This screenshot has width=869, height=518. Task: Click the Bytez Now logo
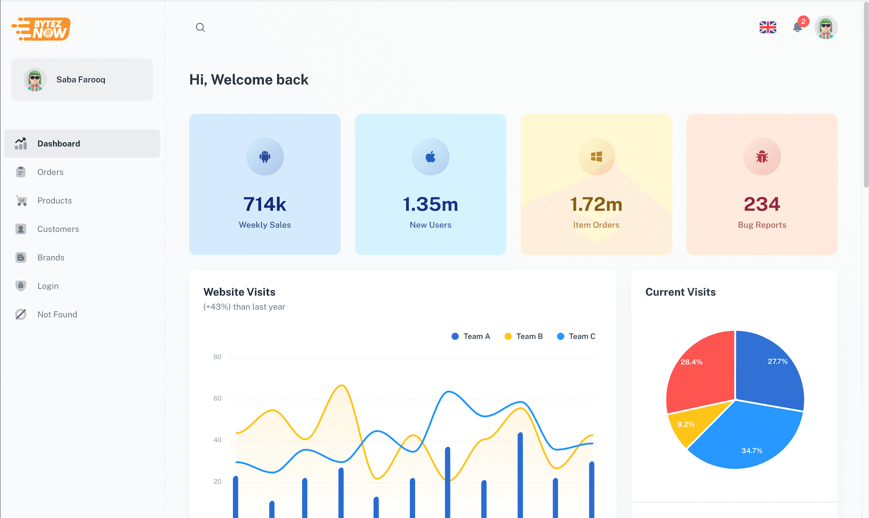click(41, 29)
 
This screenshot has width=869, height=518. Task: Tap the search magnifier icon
click(200, 27)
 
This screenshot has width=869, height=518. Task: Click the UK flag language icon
click(768, 27)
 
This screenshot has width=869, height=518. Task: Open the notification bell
click(797, 27)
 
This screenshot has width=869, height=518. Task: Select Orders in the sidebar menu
click(50, 172)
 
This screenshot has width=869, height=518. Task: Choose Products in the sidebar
click(54, 200)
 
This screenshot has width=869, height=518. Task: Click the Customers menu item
click(58, 229)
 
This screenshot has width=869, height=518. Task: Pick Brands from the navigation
click(51, 257)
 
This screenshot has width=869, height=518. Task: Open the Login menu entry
click(48, 286)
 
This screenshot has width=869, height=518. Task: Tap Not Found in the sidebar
click(57, 314)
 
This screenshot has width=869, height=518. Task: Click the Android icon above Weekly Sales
click(265, 157)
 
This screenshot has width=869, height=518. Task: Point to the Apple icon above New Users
click(430, 157)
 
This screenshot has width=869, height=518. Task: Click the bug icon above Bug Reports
click(762, 157)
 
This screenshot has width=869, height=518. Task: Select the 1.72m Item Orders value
click(596, 205)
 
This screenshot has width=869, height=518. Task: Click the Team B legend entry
click(524, 336)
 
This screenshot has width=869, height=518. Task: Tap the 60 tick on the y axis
click(217, 398)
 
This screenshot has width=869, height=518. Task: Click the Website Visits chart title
click(239, 292)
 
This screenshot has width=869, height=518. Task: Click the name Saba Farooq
click(81, 80)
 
